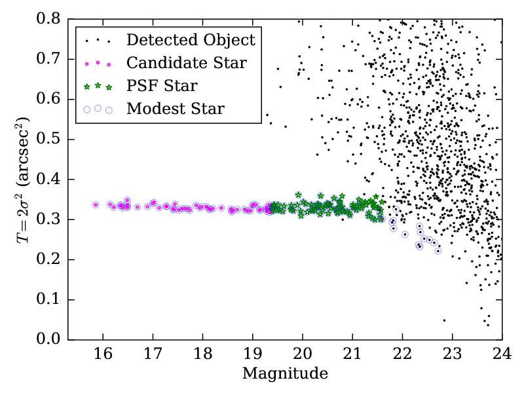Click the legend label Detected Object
[x=191, y=40]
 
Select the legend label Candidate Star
[x=187, y=63]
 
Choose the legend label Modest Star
[x=176, y=109]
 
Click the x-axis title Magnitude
[x=285, y=374]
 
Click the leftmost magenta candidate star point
[x=96, y=205]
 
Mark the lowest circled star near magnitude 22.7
[x=438, y=251]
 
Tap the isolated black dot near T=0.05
[x=444, y=320]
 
